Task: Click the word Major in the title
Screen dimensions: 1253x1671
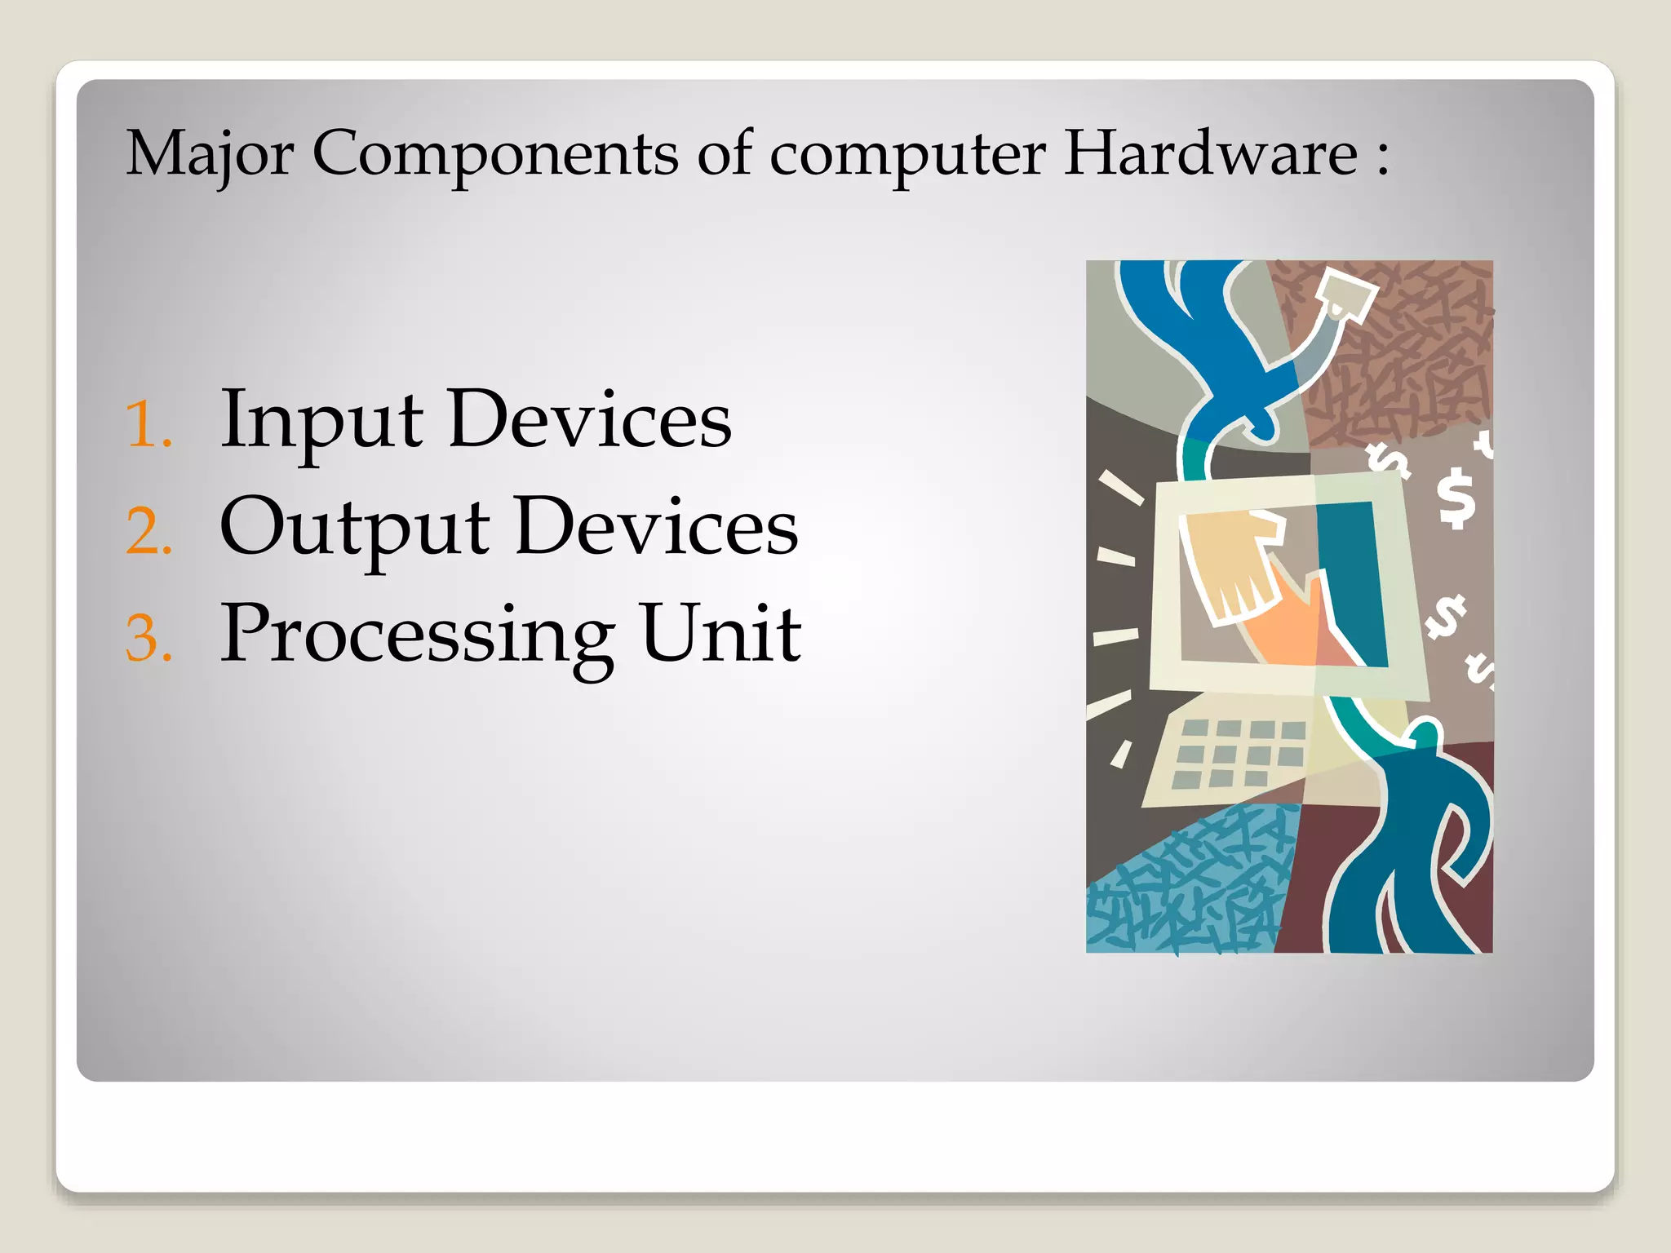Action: pyautogui.click(x=209, y=155)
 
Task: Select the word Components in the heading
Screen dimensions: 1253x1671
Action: pyautogui.click(x=494, y=155)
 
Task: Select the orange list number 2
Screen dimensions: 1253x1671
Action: pyautogui.click(x=148, y=532)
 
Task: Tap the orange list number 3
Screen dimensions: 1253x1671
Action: pyautogui.click(x=148, y=639)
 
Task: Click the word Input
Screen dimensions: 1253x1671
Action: pyautogui.click(x=321, y=421)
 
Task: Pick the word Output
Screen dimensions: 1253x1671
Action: pyautogui.click(x=354, y=529)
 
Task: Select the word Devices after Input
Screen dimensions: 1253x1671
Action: pyautogui.click(x=589, y=419)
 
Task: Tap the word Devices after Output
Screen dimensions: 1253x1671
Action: pyautogui.click(x=656, y=527)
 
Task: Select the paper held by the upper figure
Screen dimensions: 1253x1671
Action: pyautogui.click(x=1346, y=294)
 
